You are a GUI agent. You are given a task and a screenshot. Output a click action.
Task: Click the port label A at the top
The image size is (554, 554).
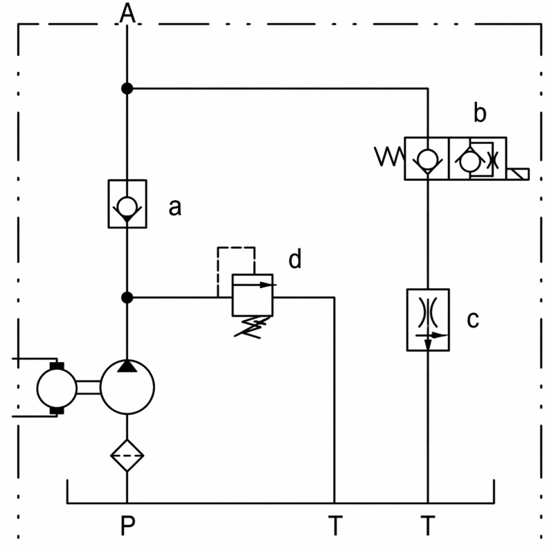[x=127, y=12]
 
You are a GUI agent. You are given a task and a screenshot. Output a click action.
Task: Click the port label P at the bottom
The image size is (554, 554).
[x=127, y=526]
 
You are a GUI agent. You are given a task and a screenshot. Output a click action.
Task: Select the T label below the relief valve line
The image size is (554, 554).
[x=335, y=526]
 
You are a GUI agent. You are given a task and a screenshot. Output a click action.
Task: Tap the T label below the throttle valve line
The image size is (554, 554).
[x=428, y=526]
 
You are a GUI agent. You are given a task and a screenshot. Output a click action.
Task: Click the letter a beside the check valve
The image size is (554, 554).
[x=175, y=207]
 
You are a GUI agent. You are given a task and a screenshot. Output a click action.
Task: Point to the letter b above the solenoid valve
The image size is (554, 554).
[x=480, y=113]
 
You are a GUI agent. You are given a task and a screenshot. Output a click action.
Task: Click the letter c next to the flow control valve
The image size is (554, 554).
[x=473, y=319]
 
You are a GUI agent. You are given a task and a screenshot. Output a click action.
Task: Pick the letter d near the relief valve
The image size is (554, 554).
[x=295, y=258]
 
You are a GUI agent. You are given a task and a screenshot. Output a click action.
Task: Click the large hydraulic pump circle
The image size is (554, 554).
[x=100, y=387]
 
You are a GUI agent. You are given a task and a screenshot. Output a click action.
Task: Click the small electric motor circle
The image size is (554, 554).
[x=37, y=388]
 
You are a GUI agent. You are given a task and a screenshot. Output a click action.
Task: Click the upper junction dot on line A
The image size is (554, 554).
[x=127, y=89]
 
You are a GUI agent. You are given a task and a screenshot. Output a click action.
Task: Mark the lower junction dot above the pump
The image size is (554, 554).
[x=127, y=298]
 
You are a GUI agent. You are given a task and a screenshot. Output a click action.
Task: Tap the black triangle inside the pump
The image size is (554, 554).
[x=127, y=366]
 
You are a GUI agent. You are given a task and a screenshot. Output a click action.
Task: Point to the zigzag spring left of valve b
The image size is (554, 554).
[x=389, y=157]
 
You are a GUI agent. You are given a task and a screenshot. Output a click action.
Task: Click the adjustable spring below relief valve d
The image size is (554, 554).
[x=253, y=327]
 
